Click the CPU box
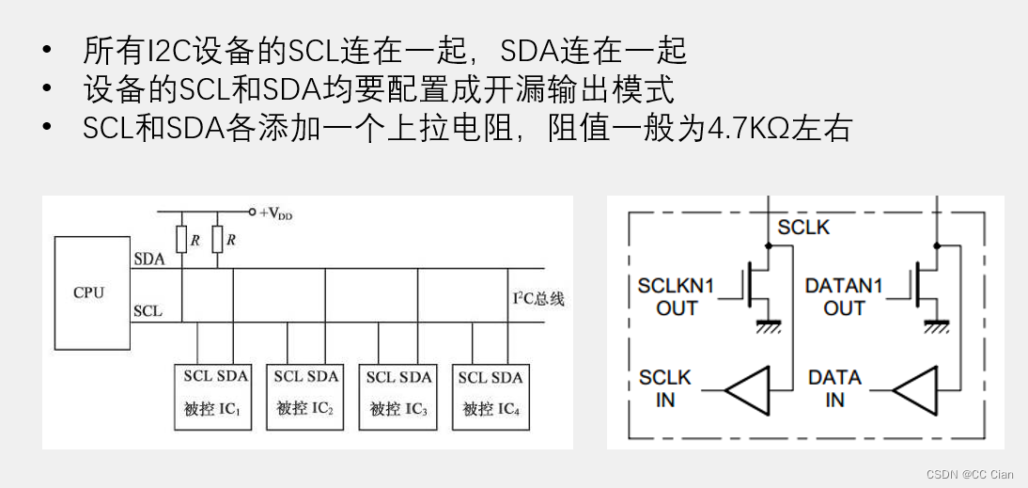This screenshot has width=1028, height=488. pyautogui.click(x=88, y=291)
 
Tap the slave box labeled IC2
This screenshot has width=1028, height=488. pyautogui.click(x=305, y=395)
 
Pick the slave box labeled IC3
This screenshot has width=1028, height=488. pyautogui.click(x=398, y=395)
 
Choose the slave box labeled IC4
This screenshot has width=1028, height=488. pyautogui.click(x=490, y=395)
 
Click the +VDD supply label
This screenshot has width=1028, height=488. pyautogui.click(x=275, y=213)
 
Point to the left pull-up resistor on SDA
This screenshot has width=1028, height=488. pyautogui.click(x=182, y=240)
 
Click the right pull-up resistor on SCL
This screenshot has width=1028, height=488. pyautogui.click(x=218, y=240)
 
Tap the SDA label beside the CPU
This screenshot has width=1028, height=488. pyautogui.click(x=148, y=259)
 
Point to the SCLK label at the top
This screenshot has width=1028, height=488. pyautogui.click(x=803, y=227)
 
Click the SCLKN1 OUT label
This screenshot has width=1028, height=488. pyautogui.click(x=677, y=296)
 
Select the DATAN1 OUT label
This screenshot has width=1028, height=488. pyautogui.click(x=844, y=296)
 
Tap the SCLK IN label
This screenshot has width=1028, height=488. pyautogui.click(x=665, y=388)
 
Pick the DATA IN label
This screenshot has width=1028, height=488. pyautogui.click(x=834, y=388)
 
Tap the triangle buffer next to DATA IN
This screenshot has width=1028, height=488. pyautogui.click(x=916, y=388)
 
